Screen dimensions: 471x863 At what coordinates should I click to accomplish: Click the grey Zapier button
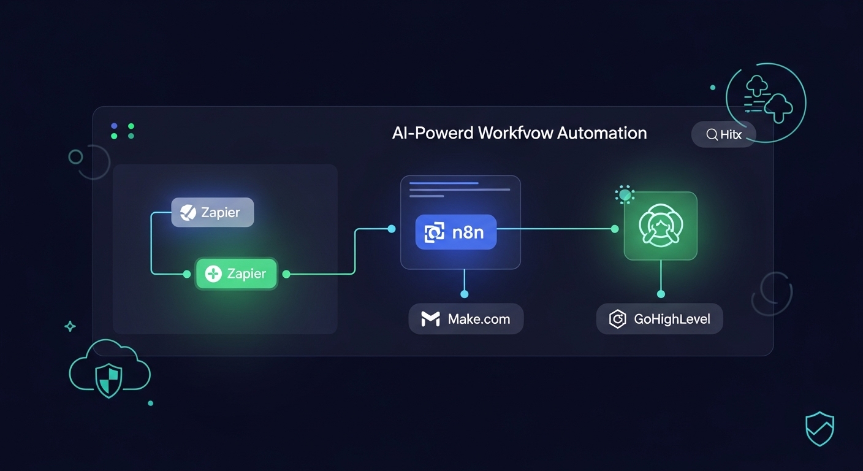pyautogui.click(x=212, y=212)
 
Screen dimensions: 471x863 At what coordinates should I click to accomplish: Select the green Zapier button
pyautogui.click(x=236, y=274)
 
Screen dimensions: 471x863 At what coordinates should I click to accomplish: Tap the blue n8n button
pyautogui.click(x=455, y=232)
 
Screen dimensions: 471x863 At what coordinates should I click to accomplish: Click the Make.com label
pyautogui.click(x=466, y=319)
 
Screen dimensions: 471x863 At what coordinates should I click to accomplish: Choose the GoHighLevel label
pyautogui.click(x=660, y=319)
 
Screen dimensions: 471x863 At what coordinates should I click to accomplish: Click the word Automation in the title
pyautogui.click(x=602, y=132)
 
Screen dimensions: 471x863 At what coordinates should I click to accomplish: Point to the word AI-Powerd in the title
pyautogui.click(x=433, y=132)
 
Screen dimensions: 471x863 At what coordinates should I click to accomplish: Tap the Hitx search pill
pyautogui.click(x=723, y=134)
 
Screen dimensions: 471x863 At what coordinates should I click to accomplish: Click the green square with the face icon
pyautogui.click(x=660, y=226)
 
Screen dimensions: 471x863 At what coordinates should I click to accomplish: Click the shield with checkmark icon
pyautogui.click(x=819, y=428)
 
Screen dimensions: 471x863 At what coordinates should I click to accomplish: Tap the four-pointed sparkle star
pyautogui.click(x=70, y=326)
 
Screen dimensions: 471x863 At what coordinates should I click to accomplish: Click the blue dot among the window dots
pyautogui.click(x=114, y=126)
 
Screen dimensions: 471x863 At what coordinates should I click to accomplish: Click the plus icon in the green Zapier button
pyautogui.click(x=213, y=274)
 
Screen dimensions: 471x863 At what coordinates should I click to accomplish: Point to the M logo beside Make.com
pyautogui.click(x=430, y=319)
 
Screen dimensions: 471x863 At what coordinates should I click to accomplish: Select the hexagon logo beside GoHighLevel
pyautogui.click(x=617, y=319)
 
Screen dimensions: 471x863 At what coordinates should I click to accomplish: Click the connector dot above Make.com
pyautogui.click(x=464, y=294)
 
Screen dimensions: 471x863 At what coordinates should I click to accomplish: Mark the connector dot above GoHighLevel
pyautogui.click(x=660, y=294)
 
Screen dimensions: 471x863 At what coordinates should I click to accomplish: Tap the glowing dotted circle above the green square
pyautogui.click(x=625, y=195)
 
